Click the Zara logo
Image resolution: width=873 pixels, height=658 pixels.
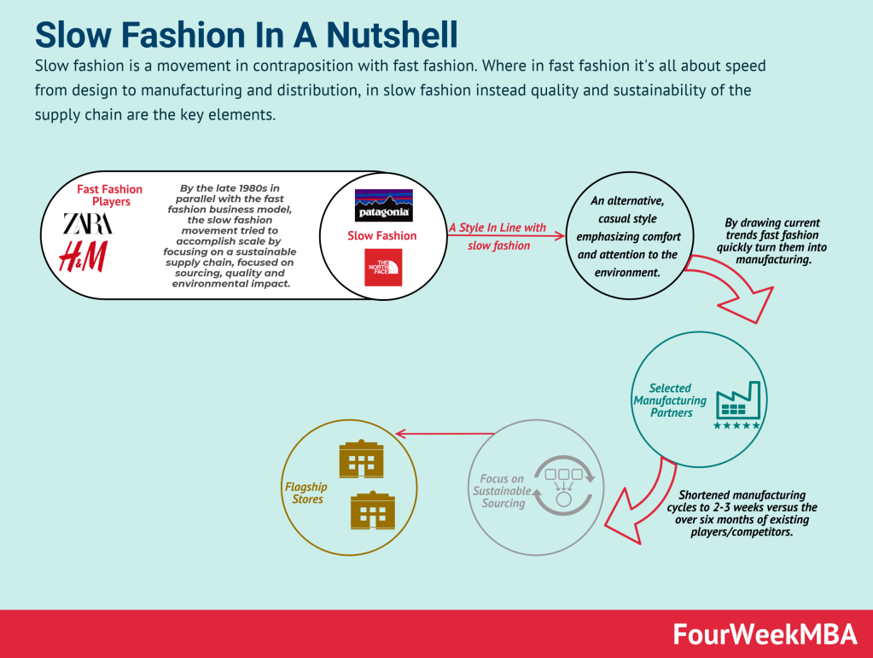87,224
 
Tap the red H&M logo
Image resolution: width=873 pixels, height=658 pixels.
82,257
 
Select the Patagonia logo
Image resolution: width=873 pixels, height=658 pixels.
383,205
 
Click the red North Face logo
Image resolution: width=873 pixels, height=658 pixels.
383,268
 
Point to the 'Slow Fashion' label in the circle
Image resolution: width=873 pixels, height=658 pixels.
381,236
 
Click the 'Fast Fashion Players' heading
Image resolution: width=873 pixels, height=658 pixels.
110,195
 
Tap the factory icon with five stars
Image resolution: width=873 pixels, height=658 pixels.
737,405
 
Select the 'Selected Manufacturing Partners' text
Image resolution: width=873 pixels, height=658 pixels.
670,400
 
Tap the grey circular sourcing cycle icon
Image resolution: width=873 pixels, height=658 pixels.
563,484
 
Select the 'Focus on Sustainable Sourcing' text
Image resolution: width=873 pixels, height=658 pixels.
501,491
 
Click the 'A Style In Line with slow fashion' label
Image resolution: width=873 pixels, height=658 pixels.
498,236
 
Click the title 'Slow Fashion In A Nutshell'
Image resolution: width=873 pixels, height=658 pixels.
247,35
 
